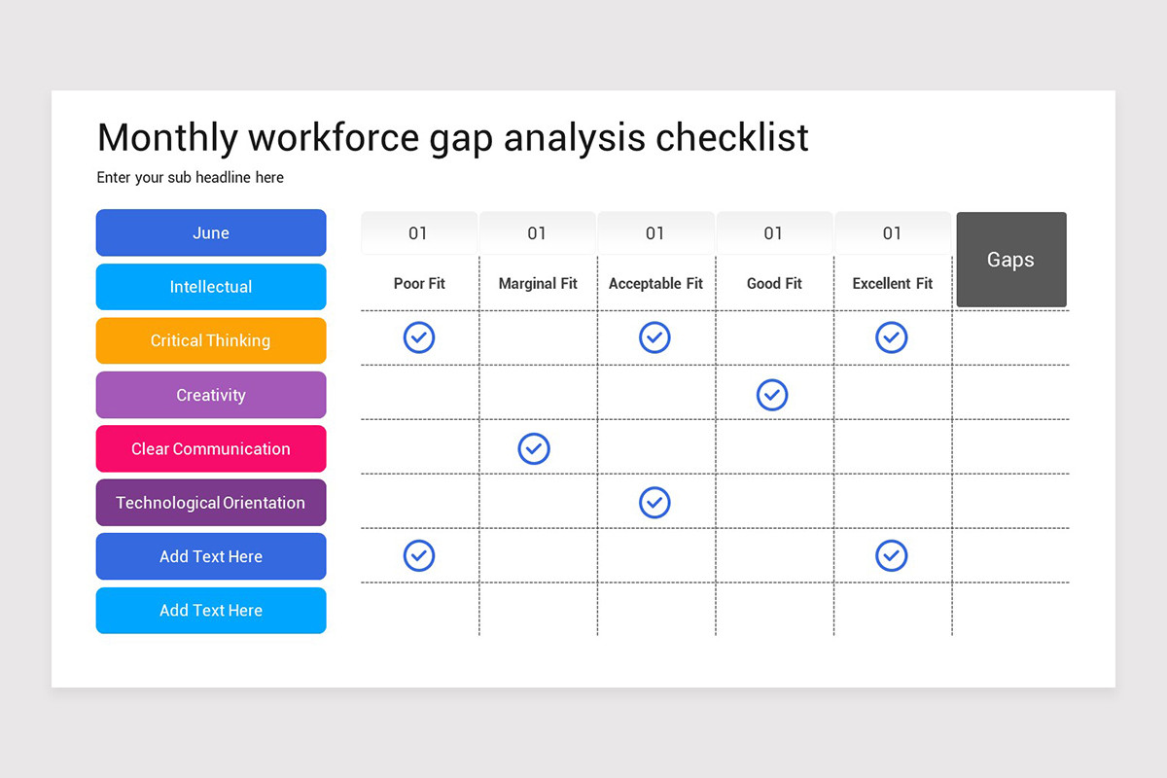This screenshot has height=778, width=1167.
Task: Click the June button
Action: [x=211, y=233]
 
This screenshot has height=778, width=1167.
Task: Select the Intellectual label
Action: [x=211, y=287]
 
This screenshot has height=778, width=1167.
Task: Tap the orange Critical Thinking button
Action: [x=211, y=341]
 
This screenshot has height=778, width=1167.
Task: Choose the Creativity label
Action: [x=211, y=395]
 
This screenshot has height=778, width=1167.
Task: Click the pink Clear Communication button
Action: [x=211, y=449]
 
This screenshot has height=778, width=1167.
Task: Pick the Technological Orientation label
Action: [x=211, y=503]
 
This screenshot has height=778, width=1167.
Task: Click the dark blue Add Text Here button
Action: [x=211, y=557]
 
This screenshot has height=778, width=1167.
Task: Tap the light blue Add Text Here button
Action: [x=211, y=611]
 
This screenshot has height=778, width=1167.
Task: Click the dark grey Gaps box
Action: [x=1011, y=260]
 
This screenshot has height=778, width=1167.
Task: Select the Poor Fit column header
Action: [x=419, y=284]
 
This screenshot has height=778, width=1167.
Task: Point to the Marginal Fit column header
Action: [x=538, y=284]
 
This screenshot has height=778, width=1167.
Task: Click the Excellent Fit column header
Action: [x=893, y=284]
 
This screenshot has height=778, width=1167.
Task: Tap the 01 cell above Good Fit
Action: [x=774, y=233]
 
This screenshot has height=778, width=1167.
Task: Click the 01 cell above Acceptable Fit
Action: [x=655, y=233]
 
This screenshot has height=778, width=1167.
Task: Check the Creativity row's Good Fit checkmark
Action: [x=772, y=395]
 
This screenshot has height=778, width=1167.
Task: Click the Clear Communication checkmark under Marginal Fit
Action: [x=534, y=448]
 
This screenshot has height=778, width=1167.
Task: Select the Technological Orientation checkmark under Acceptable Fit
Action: [x=654, y=502]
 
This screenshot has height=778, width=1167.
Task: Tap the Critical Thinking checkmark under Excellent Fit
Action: [x=892, y=337]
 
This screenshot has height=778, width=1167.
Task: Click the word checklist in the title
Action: [x=732, y=138]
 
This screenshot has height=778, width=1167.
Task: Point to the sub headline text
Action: [x=191, y=178]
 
